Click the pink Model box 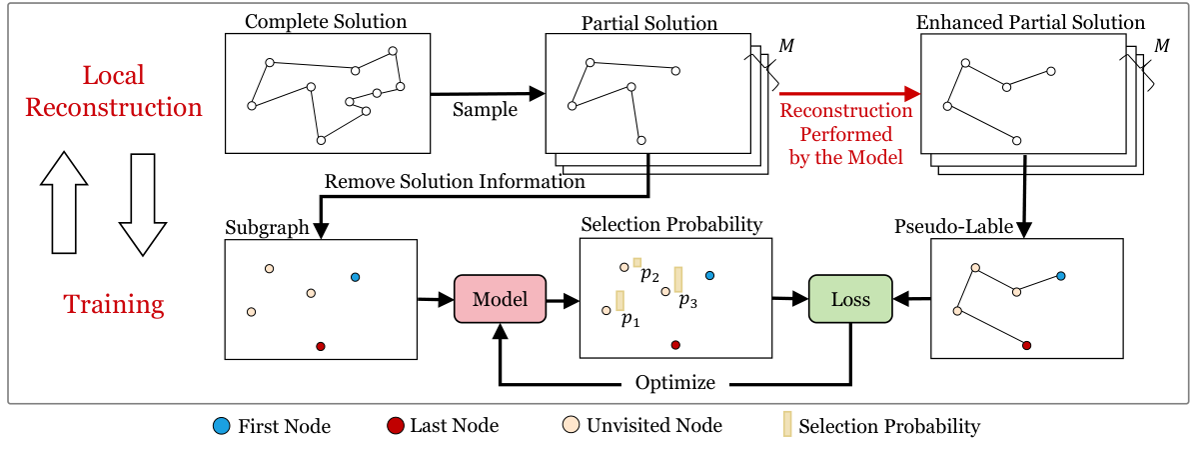[500, 298]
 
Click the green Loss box [849, 298]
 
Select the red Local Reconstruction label [113, 91]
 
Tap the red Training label [114, 304]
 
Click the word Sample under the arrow [485, 110]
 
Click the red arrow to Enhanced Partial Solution [849, 94]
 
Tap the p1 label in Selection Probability [629, 320]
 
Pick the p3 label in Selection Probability [687, 299]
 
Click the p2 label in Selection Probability [649, 274]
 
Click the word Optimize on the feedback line [675, 383]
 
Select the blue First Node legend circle [221, 426]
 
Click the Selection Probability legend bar [786, 426]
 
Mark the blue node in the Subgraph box [355, 277]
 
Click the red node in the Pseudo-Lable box [1026, 344]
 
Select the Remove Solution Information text [455, 181]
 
